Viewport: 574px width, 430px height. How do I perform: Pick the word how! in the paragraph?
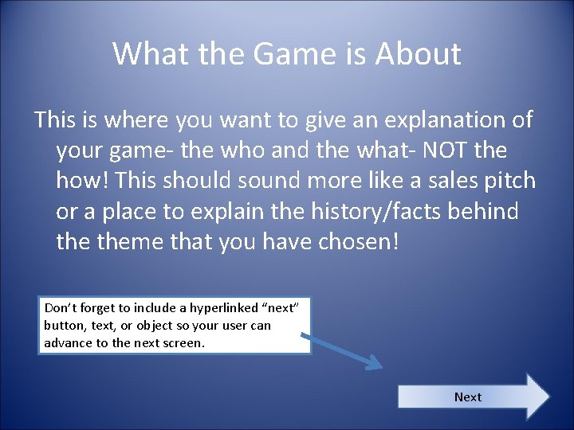coord(83,180)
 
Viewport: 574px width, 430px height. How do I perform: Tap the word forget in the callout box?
coord(96,307)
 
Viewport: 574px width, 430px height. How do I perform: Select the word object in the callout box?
coord(159,325)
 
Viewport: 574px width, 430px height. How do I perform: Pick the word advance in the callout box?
coord(67,342)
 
